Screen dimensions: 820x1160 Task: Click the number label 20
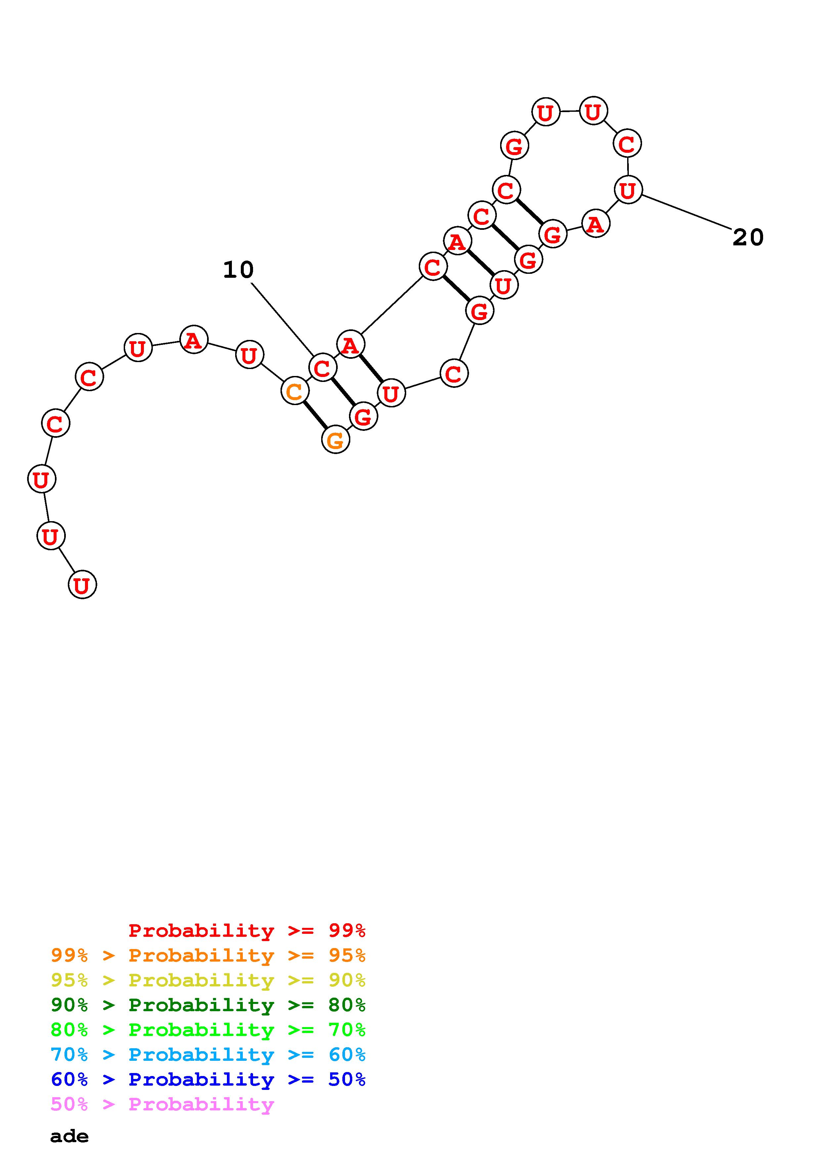point(748,237)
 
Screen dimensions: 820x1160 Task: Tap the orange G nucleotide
point(335,440)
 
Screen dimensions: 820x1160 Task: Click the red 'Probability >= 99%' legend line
point(247,930)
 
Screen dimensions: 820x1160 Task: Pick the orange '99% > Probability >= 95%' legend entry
point(208,955)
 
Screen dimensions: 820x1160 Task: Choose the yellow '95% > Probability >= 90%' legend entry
point(208,980)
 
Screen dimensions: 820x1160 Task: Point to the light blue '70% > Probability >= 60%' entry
point(208,1055)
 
